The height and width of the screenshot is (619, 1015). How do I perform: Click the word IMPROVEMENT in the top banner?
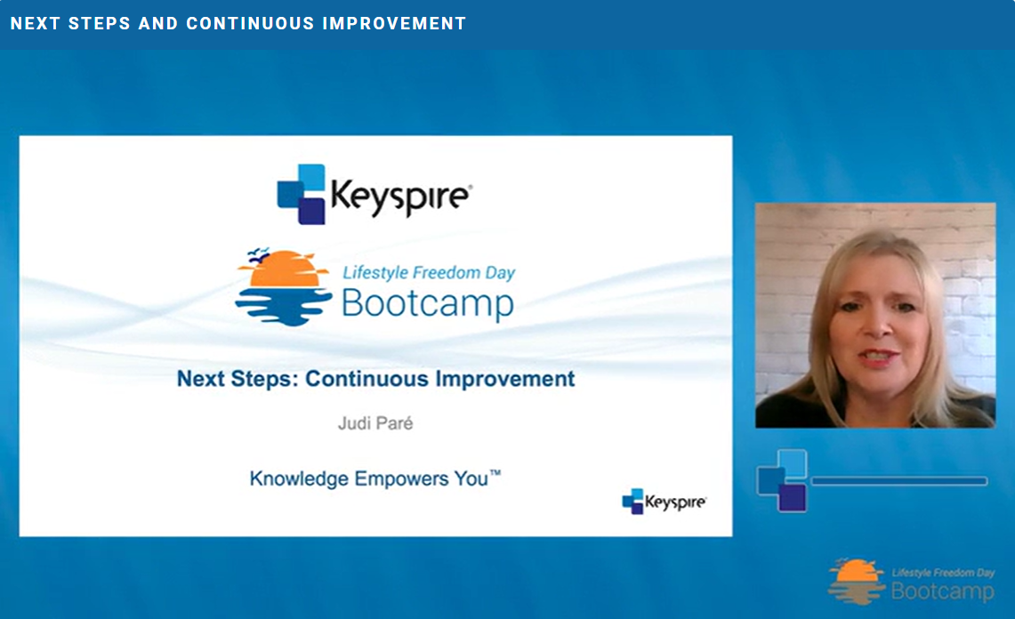coord(394,23)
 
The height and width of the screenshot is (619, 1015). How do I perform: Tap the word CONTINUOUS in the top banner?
coord(251,23)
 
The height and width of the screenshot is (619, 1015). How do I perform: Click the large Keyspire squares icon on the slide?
coord(301,194)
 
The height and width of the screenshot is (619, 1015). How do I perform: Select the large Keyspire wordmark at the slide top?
coord(401,197)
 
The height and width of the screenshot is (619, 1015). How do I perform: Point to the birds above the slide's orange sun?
coord(259,253)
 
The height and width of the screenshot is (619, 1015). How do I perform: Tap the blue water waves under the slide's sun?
coord(284,306)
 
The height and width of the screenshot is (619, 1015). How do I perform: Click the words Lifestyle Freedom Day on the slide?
coord(429,273)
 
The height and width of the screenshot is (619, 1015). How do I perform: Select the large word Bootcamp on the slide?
coord(428,303)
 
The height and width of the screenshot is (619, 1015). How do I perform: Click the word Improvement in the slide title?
coord(505,379)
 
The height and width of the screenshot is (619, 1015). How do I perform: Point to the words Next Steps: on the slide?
coord(238,379)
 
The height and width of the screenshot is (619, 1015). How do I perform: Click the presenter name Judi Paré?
coord(375,423)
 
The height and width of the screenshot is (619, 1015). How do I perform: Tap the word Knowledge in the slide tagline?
coord(299,479)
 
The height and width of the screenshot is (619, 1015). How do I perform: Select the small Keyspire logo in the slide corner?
coord(665,502)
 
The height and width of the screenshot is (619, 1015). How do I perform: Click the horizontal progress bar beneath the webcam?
coord(899,481)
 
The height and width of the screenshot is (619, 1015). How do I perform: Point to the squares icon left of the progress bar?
coord(782,481)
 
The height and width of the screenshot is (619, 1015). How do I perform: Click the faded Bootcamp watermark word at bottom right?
coord(943,591)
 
